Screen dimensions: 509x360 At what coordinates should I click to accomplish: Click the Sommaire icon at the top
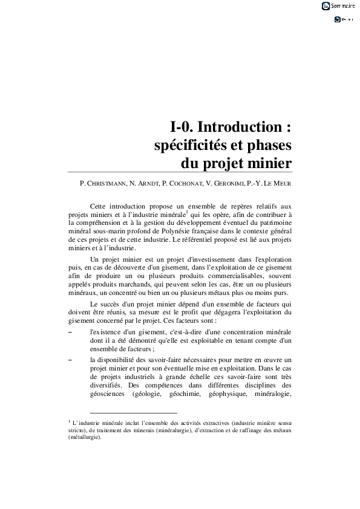[x=326, y=6]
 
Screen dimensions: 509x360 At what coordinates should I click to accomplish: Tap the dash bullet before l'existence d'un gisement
[x=70, y=332]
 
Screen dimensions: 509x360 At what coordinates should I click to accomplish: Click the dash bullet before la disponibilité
[x=70, y=359]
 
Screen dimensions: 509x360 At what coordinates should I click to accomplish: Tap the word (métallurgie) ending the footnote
[x=85, y=438]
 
